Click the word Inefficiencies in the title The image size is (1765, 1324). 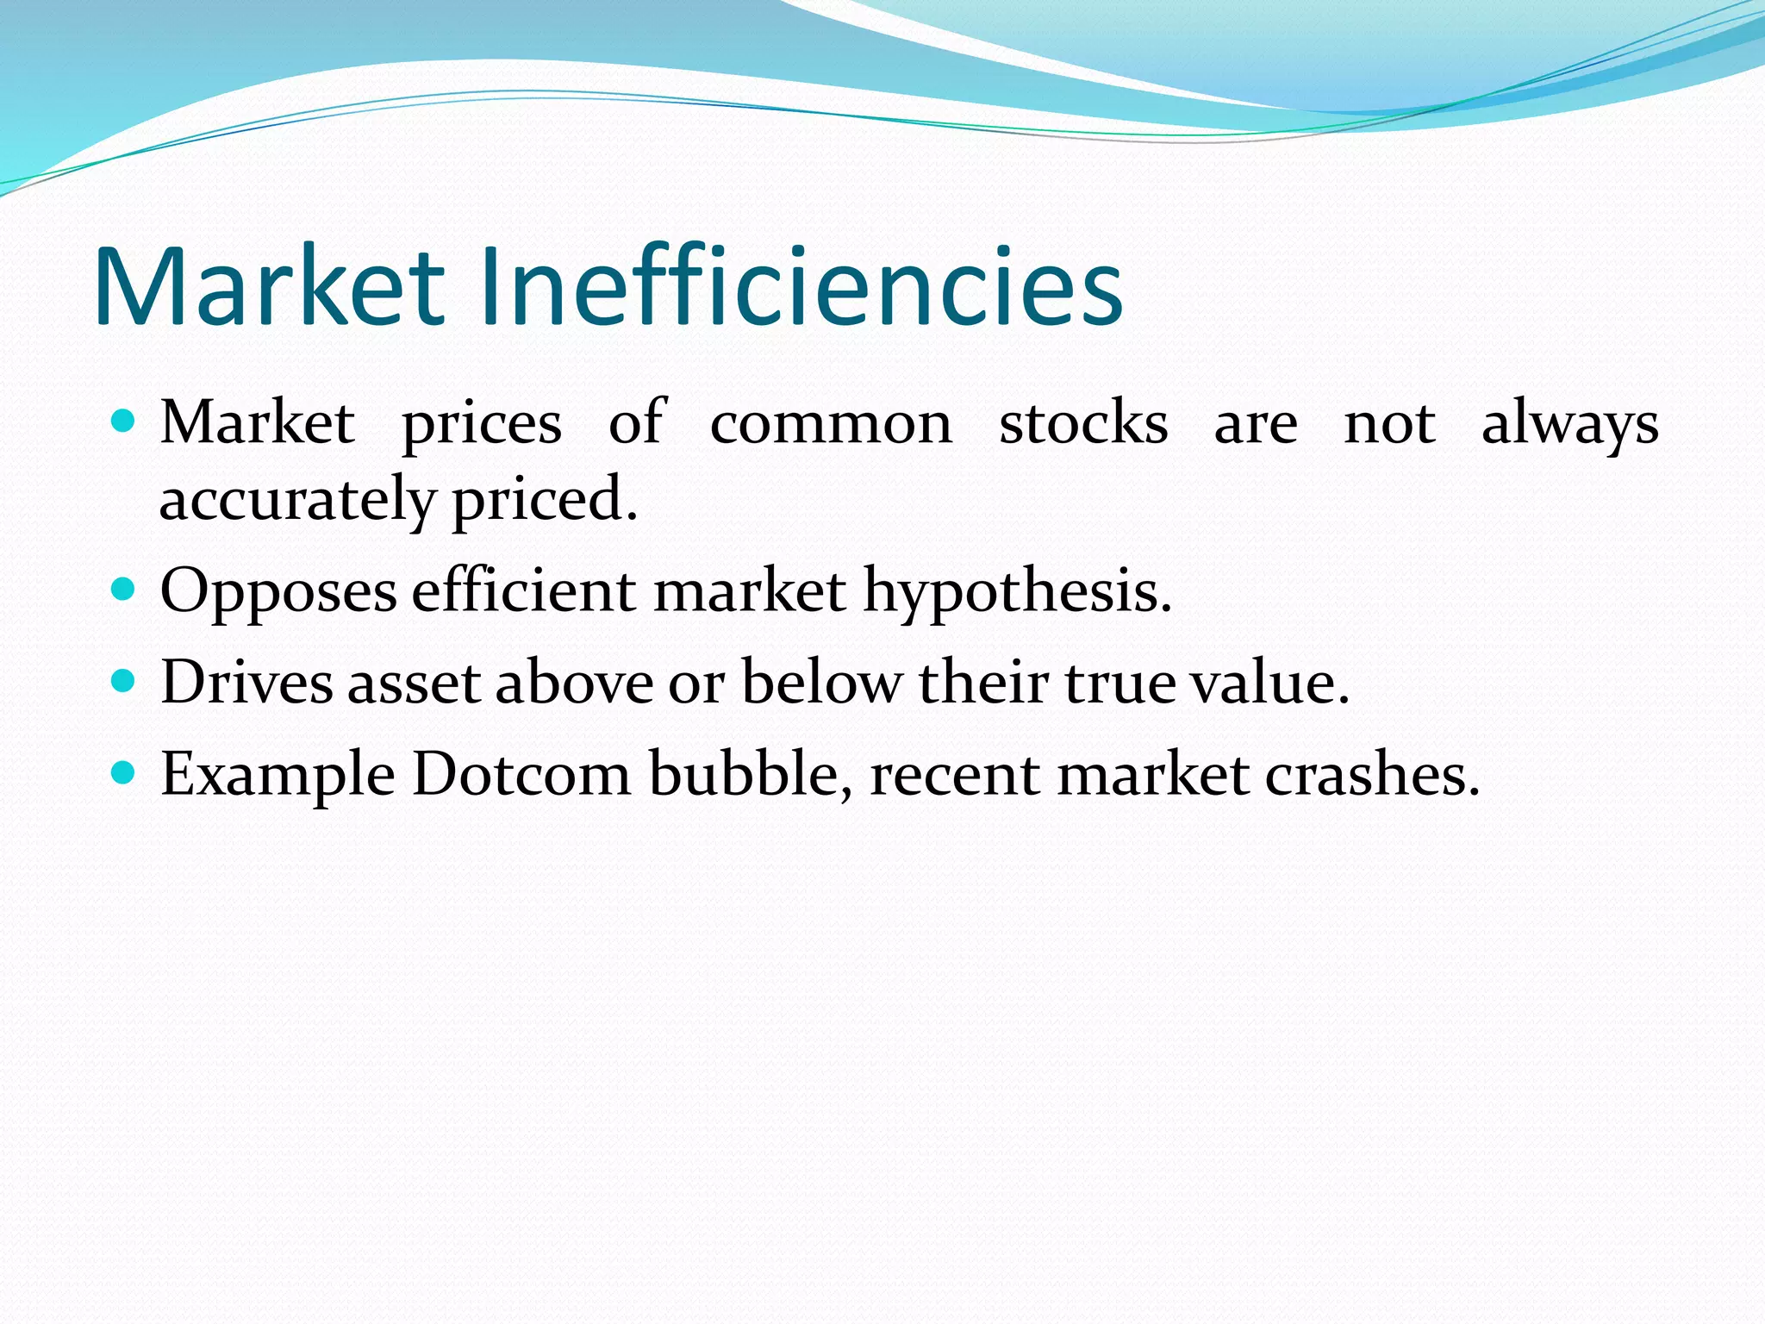pyautogui.click(x=801, y=286)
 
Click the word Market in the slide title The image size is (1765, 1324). pyautogui.click(x=269, y=286)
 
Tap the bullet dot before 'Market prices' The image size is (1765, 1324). pyautogui.click(x=125, y=422)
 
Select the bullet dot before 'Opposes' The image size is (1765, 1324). pyautogui.click(x=125, y=590)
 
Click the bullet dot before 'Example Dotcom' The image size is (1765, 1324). pyautogui.click(x=125, y=773)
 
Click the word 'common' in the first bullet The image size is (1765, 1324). pyautogui.click(x=831, y=424)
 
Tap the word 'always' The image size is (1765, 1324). pyautogui.click(x=1569, y=424)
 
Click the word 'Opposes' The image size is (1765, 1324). pyautogui.click(x=278, y=593)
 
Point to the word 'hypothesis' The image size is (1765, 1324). pyautogui.click(x=1017, y=593)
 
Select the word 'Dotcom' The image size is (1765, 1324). pyautogui.click(x=521, y=773)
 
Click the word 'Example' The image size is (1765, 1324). pyautogui.click(x=278, y=775)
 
